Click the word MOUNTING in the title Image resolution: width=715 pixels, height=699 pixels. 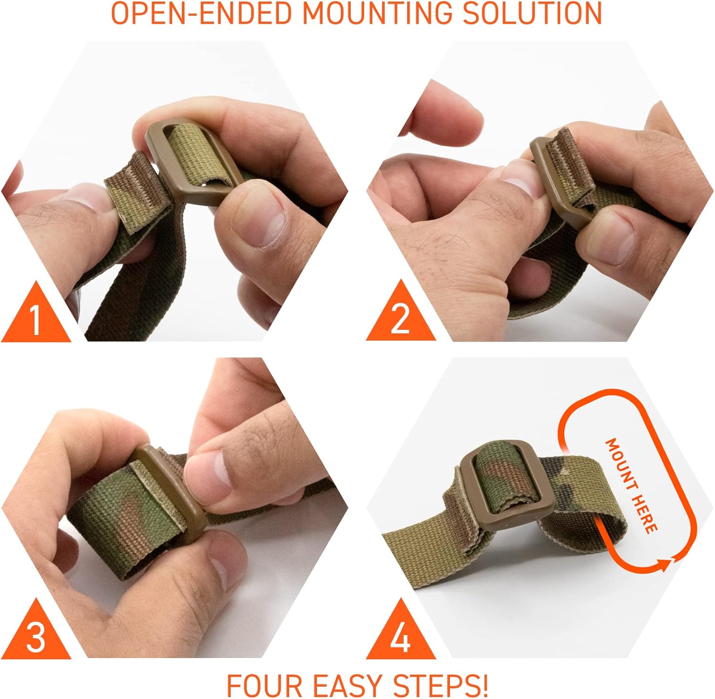tap(377, 13)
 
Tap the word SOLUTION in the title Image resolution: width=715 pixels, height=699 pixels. tap(533, 13)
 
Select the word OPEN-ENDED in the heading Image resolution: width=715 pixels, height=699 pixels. tap(201, 13)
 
